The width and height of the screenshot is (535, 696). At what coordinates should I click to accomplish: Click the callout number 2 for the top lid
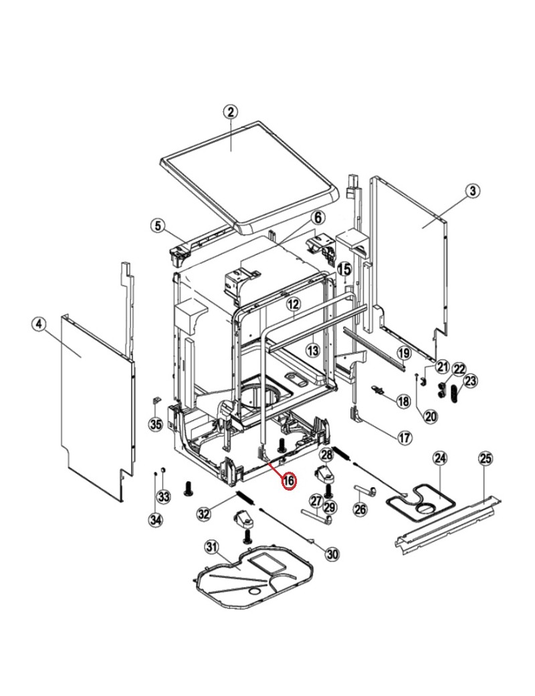tap(230, 111)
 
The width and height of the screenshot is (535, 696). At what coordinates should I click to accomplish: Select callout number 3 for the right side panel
tap(472, 191)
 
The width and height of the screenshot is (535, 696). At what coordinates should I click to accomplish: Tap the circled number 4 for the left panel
tap(39, 324)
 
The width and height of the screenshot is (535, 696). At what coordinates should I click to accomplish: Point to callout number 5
tap(157, 226)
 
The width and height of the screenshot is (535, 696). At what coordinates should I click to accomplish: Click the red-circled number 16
tap(289, 481)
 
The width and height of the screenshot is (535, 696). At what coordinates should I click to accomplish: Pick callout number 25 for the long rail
tap(486, 458)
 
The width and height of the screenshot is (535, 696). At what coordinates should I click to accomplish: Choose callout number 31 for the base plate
tap(211, 547)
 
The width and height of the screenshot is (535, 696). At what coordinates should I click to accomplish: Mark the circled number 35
tap(156, 424)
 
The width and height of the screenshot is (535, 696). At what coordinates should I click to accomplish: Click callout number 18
tap(403, 402)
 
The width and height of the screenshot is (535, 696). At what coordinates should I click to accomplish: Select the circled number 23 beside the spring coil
tap(470, 380)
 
